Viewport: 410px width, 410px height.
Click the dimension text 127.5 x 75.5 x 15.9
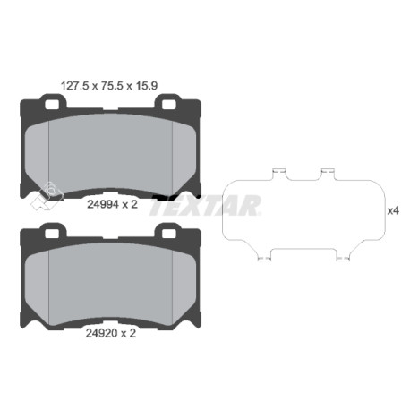tap(109, 86)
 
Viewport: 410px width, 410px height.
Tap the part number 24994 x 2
tap(112, 204)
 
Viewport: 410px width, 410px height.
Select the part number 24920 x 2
tap(111, 333)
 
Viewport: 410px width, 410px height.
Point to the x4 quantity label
tap(393, 211)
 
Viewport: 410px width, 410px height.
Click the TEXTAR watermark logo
tap(206, 205)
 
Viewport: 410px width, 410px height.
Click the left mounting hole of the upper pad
tap(51, 104)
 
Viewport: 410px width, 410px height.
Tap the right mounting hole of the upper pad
tap(168, 104)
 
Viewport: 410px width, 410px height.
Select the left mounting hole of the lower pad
tap(51, 233)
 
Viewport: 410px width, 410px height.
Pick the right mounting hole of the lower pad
tap(168, 233)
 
